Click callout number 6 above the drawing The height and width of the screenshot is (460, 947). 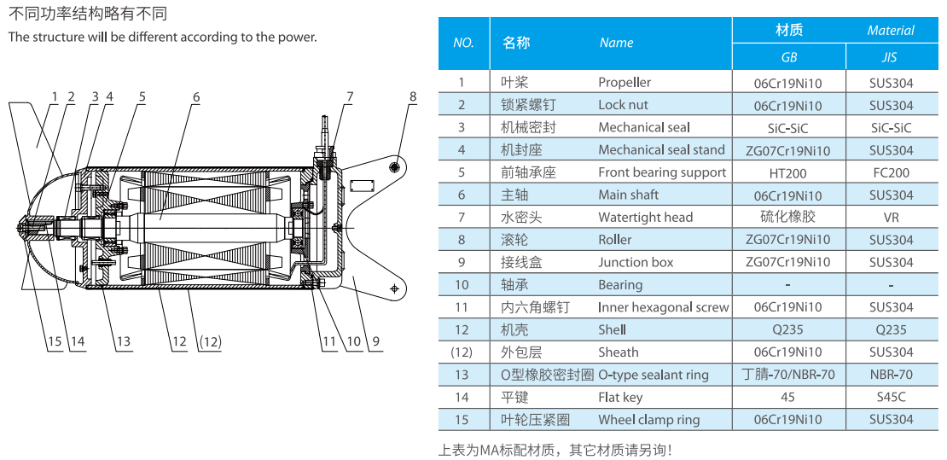[x=195, y=97]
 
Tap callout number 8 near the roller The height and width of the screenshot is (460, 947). [x=413, y=97]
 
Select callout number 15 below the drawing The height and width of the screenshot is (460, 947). [x=55, y=342]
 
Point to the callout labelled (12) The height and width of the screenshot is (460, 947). [x=209, y=342]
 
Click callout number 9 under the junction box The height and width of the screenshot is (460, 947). [x=376, y=342]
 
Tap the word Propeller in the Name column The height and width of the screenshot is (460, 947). [x=625, y=83]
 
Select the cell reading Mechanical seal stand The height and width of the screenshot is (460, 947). [x=661, y=150]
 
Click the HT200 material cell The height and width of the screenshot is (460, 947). [x=787, y=172]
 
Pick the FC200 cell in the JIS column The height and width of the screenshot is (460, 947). [x=891, y=172]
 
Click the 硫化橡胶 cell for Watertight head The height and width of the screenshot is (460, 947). [x=787, y=217]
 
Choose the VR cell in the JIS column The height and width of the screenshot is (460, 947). [x=891, y=218]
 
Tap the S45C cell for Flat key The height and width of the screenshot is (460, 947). [x=891, y=397]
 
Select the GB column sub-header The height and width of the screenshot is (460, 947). [x=788, y=58]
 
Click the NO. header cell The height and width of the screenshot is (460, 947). [x=463, y=44]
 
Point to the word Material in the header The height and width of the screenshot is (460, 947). [x=891, y=31]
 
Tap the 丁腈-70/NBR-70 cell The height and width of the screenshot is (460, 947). [x=787, y=375]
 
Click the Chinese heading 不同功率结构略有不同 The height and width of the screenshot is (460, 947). [x=88, y=14]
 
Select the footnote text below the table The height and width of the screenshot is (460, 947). [x=555, y=450]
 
